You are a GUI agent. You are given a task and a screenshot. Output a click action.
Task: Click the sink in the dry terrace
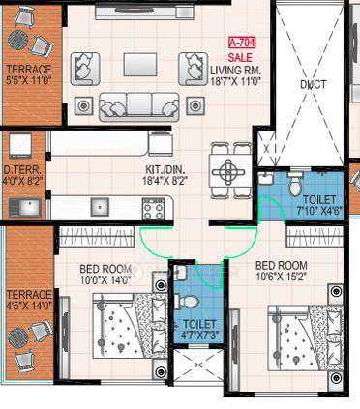click(25, 205)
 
